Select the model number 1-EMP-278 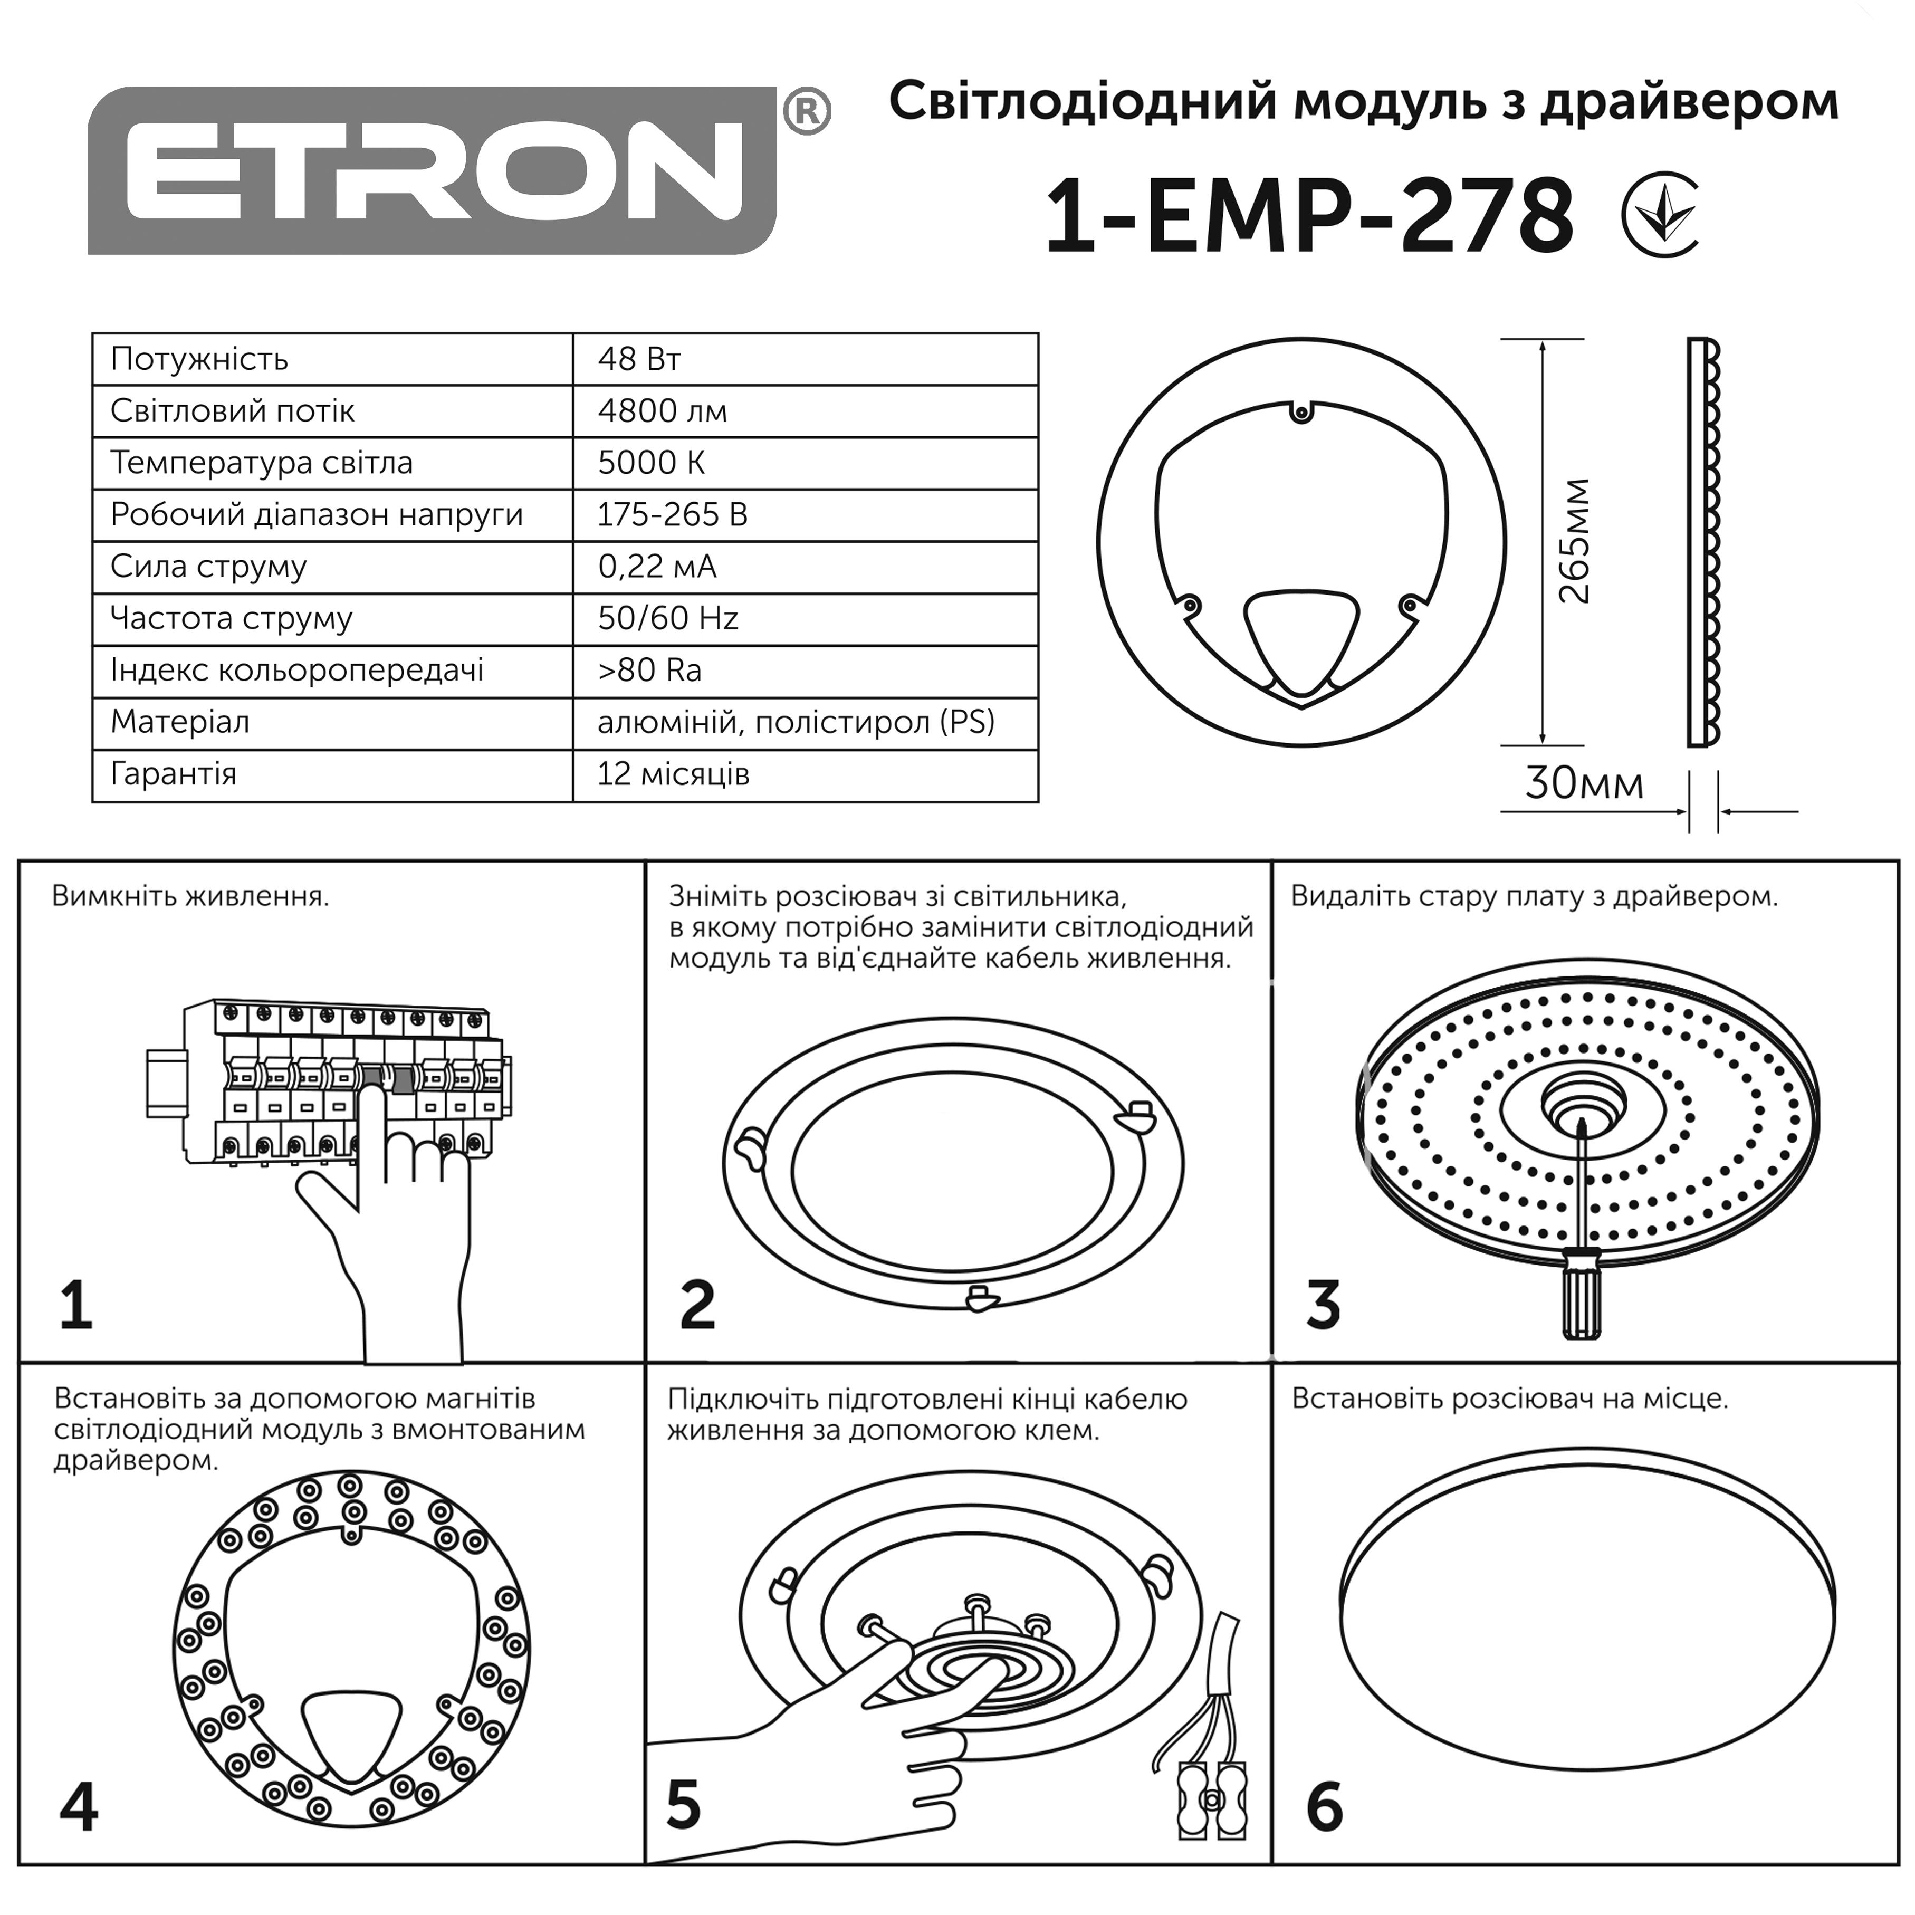(1308, 216)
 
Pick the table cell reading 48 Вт (639, 359)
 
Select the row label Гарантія (174, 774)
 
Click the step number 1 (76, 1306)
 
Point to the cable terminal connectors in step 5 (1211, 1799)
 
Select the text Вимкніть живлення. (190, 897)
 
